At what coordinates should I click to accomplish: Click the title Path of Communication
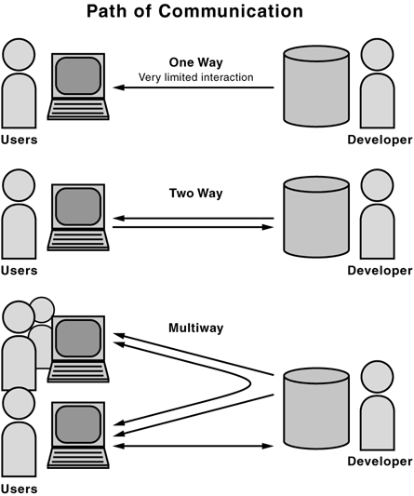pyautogui.click(x=207, y=12)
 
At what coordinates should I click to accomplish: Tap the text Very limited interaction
pyautogui.click(x=195, y=76)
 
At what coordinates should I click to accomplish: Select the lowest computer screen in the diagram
pyautogui.click(x=77, y=426)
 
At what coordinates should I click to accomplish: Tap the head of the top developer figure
pyautogui.click(x=378, y=54)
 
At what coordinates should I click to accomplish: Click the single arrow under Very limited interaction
pyautogui.click(x=194, y=88)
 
